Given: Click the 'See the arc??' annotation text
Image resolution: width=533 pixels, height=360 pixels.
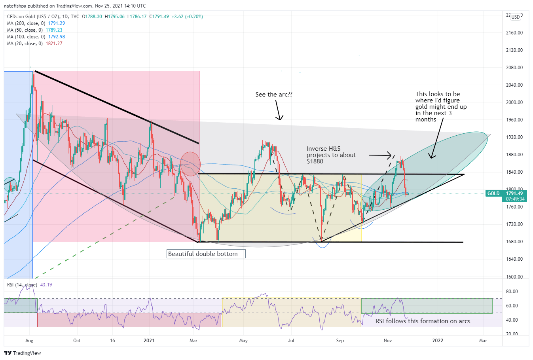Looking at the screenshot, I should click(274, 95).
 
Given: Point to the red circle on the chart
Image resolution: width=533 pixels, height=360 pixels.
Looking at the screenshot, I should click(190, 164).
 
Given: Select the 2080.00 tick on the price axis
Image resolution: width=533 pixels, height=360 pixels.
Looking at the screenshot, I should click(514, 68).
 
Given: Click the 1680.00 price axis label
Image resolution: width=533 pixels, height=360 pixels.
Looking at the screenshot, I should click(514, 242).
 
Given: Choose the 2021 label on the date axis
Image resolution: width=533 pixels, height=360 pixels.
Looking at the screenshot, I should click(149, 341).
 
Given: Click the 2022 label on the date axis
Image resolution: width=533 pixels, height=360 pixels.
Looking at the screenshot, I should click(438, 341).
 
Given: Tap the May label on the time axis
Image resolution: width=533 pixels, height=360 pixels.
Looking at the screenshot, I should click(243, 341).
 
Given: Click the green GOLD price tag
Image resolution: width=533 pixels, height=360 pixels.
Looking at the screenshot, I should click(493, 193).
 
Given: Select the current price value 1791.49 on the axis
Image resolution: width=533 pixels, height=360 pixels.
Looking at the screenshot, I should click(514, 193).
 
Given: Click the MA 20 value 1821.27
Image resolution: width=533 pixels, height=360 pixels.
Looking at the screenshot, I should click(54, 44).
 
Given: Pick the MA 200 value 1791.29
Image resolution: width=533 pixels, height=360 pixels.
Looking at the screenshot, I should click(57, 23).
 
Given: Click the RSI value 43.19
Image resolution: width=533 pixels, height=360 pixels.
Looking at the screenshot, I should click(46, 285).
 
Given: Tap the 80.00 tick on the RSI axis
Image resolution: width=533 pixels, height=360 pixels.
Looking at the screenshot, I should click(512, 292).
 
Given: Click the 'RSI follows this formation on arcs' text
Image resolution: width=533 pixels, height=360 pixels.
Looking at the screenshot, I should click(423, 321).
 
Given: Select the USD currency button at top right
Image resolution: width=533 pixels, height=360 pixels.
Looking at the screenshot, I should click(515, 17).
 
